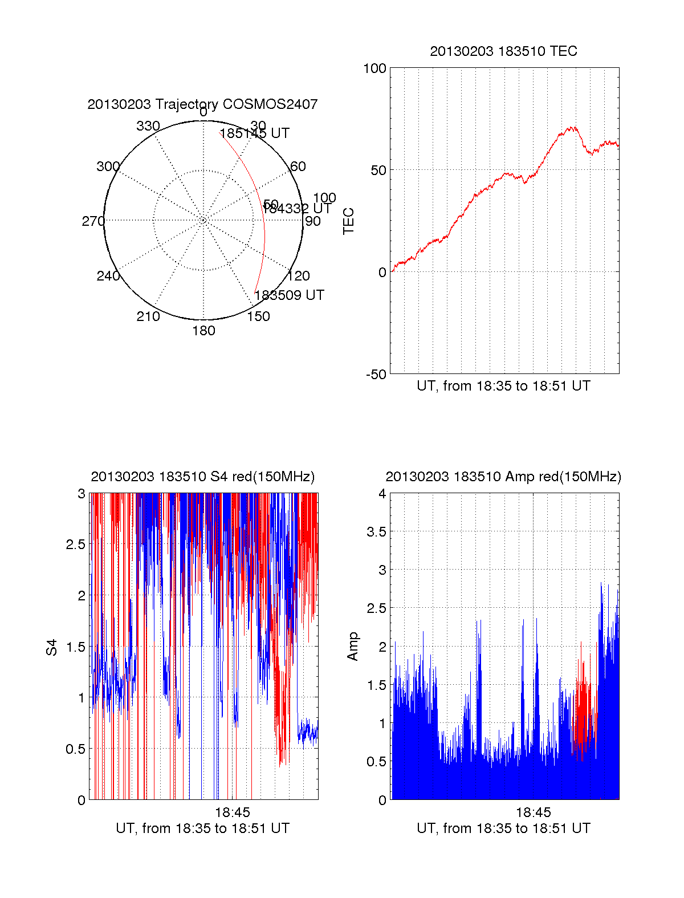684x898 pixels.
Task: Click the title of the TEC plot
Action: (503, 51)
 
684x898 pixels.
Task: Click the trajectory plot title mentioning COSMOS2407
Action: (202, 104)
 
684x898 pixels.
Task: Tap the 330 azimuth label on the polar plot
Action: (148, 126)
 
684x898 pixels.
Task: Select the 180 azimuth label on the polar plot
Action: (203, 331)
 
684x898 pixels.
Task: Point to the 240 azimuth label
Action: (108, 276)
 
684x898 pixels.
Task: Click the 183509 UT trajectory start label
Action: (289, 295)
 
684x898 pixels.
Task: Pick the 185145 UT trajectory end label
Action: (255, 133)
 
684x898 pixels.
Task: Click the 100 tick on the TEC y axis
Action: (374, 68)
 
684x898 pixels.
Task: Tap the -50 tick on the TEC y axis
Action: (376, 375)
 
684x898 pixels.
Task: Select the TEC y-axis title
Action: (348, 221)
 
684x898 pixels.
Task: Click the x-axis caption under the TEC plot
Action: (503, 386)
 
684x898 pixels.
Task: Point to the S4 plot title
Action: (202, 477)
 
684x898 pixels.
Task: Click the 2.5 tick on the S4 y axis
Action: (76, 545)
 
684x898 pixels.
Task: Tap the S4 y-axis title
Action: (52, 647)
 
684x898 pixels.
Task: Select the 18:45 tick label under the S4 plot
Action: (232, 812)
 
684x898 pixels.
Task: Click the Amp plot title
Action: (503, 477)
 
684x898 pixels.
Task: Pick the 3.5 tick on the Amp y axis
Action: (377, 532)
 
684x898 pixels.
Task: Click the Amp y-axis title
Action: (353, 647)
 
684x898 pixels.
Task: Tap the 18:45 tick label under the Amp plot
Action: (534, 812)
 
